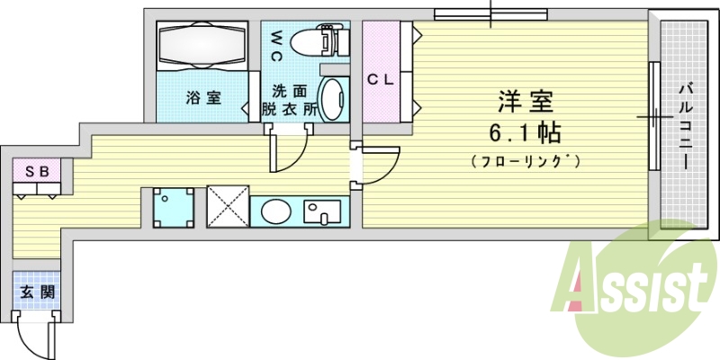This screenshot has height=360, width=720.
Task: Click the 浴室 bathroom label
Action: (x=203, y=98)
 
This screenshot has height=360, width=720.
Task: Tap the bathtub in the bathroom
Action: (x=202, y=45)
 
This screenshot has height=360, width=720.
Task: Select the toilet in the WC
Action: (x=316, y=41)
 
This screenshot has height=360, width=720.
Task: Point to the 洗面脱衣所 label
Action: (x=290, y=99)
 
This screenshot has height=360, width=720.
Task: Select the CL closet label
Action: (x=381, y=78)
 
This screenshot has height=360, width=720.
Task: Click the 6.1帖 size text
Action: (x=526, y=132)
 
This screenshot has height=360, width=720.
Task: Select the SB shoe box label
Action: (x=36, y=170)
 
